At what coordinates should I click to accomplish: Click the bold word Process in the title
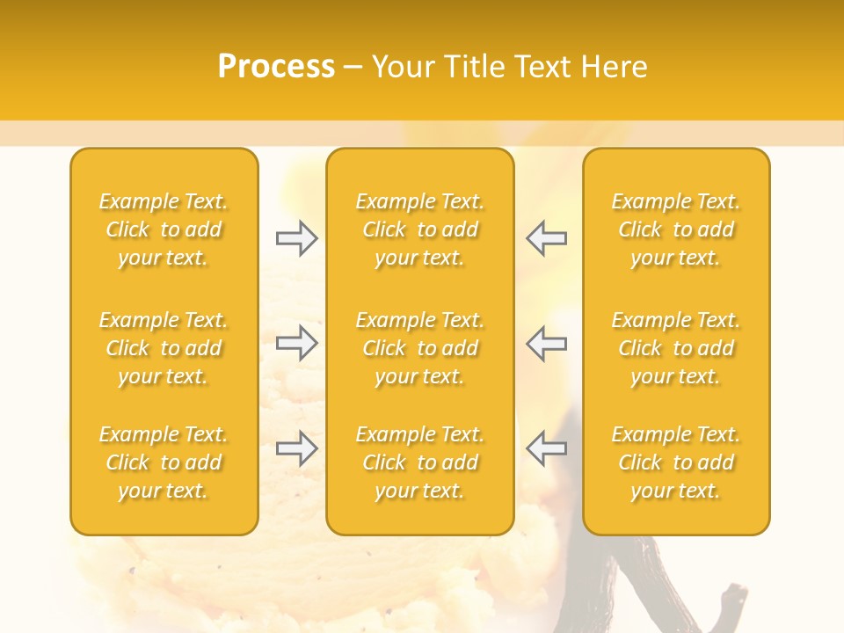tap(276, 67)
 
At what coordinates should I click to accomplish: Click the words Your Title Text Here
tap(509, 67)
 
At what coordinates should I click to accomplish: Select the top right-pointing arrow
tap(296, 238)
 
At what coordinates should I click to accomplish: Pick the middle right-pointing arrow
tap(296, 343)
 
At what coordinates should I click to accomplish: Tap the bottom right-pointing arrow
tap(296, 448)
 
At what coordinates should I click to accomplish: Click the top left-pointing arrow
tap(547, 238)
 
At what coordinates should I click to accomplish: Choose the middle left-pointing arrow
tap(547, 343)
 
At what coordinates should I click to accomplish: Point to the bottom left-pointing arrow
tap(547, 448)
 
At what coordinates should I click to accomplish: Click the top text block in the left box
tap(164, 229)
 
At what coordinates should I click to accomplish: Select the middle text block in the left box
tap(164, 348)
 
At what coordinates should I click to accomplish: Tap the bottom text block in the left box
tap(164, 462)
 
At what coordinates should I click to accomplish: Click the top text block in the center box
tap(419, 229)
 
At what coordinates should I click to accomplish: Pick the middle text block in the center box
tap(419, 348)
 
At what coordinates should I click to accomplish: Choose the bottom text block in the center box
tap(419, 462)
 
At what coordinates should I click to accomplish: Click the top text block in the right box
tap(675, 229)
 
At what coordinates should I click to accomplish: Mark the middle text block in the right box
tap(675, 348)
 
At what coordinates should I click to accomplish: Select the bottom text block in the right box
tap(675, 462)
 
